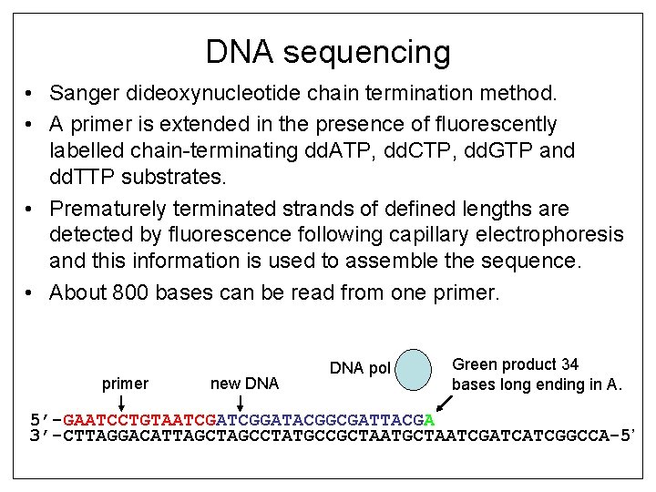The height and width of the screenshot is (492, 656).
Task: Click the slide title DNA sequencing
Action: pos(328,52)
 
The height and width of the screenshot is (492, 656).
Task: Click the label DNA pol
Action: pos(359,368)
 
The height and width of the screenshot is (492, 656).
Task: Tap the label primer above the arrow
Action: pos(125,384)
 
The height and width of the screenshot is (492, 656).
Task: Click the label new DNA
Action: pos(243,384)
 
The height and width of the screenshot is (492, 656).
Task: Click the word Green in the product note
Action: pos(476,364)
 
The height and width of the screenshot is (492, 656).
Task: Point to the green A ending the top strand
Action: pos(429,420)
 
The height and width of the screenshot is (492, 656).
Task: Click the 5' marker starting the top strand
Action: pos(42,420)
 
